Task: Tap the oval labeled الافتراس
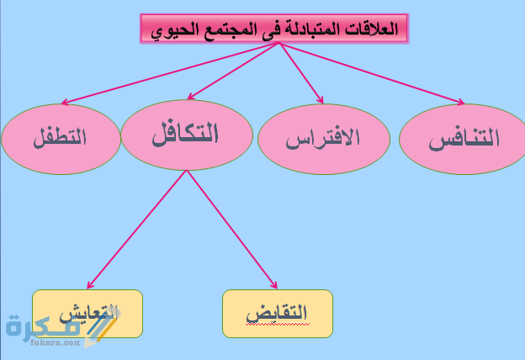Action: click(323, 137)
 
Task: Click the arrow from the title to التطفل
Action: click(168, 74)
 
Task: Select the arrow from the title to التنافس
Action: click(370, 74)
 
